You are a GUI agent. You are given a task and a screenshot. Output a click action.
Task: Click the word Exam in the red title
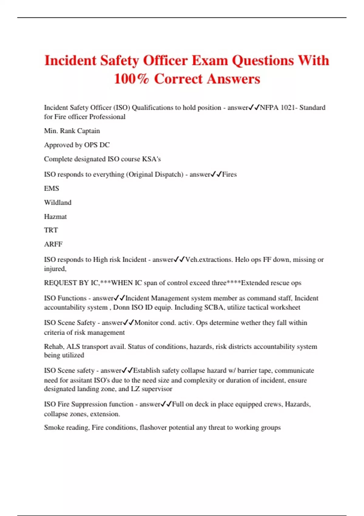point(210,60)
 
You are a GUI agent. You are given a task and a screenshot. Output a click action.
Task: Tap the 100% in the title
point(131,79)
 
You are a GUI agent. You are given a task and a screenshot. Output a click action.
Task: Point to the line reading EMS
point(52,188)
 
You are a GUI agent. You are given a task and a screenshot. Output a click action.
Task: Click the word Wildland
point(58,202)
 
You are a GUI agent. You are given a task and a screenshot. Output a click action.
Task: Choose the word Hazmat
point(55,217)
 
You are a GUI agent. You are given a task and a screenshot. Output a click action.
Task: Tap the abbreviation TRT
point(51,230)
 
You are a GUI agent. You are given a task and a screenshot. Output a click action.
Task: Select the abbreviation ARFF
point(53,244)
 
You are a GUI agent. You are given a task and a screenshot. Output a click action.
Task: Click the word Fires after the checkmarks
point(229,175)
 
